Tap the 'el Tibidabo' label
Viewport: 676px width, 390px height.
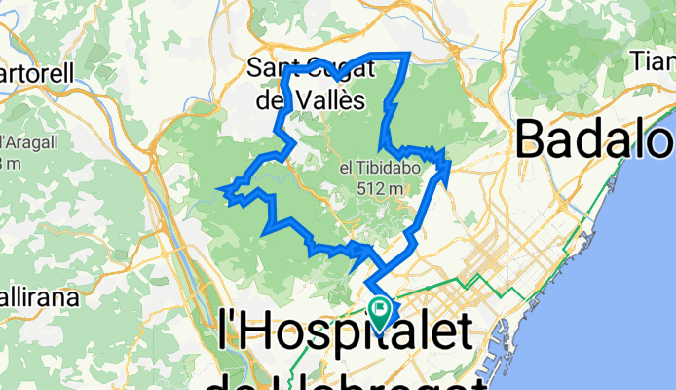point(371,169)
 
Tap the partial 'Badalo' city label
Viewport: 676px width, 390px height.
point(594,138)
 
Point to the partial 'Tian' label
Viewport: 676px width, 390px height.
point(654,62)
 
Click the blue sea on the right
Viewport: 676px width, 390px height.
point(623,292)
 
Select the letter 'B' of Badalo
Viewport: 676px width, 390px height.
point(534,138)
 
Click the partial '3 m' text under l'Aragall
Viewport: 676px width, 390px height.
point(8,162)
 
